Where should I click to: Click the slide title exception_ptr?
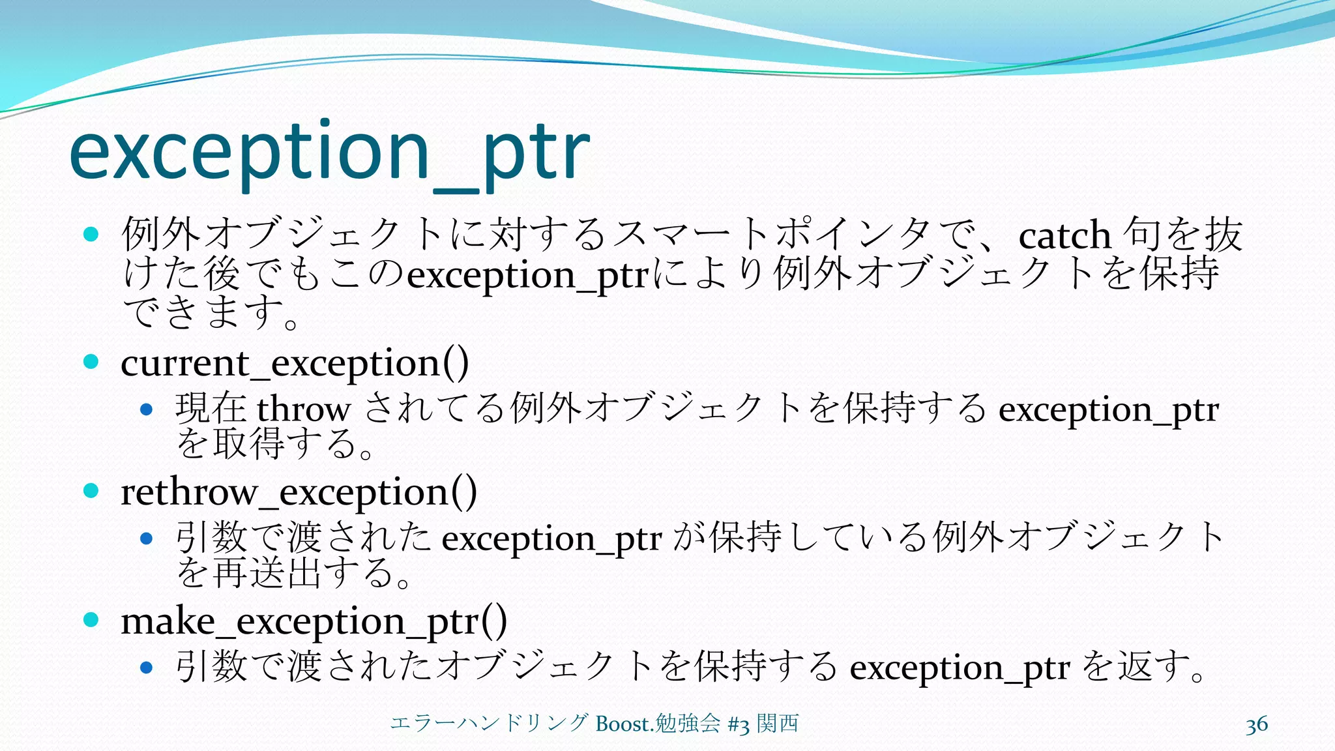tap(329, 153)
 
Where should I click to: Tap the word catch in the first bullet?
tap(1064, 235)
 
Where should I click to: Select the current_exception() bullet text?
tap(295, 363)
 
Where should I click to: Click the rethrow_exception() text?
tap(299, 492)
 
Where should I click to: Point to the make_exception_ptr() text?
tap(314, 621)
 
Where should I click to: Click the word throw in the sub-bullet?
tap(304, 409)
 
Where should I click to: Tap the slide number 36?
tap(1256, 725)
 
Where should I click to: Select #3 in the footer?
tap(738, 724)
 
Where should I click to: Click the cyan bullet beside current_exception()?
tap(91, 362)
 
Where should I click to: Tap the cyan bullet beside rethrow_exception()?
tap(91, 491)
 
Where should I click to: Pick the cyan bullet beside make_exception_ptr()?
tap(91, 620)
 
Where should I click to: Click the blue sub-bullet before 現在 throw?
tap(147, 410)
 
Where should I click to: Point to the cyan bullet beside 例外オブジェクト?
tap(91, 234)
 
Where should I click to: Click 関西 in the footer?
tap(778, 724)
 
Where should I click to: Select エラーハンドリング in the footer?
tap(490, 724)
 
